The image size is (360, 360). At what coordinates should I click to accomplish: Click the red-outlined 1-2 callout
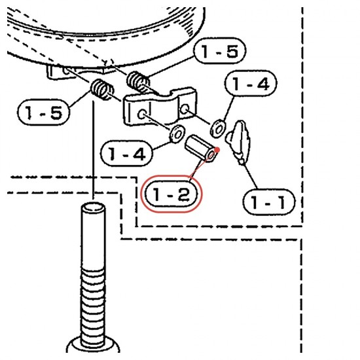click(171, 194)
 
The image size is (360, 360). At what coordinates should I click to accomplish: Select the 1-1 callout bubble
click(269, 202)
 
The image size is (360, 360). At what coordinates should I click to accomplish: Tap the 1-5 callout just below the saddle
click(220, 51)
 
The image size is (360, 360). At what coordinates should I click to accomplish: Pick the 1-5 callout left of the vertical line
click(43, 113)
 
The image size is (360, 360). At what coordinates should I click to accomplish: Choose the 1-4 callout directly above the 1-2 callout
click(126, 153)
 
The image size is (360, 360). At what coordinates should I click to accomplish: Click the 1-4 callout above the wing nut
click(251, 84)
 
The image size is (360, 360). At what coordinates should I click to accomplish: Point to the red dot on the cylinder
click(217, 150)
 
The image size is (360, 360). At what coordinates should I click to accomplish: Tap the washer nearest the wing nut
click(218, 128)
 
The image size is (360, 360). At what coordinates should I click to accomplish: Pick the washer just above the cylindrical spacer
click(177, 134)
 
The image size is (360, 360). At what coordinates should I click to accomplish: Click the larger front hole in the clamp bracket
click(142, 114)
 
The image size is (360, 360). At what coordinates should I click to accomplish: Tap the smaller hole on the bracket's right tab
click(185, 109)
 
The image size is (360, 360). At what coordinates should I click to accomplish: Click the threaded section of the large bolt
click(93, 304)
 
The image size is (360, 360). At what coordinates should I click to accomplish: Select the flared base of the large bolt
click(93, 345)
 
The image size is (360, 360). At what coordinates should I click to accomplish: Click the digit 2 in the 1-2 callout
click(184, 194)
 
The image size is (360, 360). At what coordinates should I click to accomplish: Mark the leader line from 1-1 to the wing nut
click(249, 175)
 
